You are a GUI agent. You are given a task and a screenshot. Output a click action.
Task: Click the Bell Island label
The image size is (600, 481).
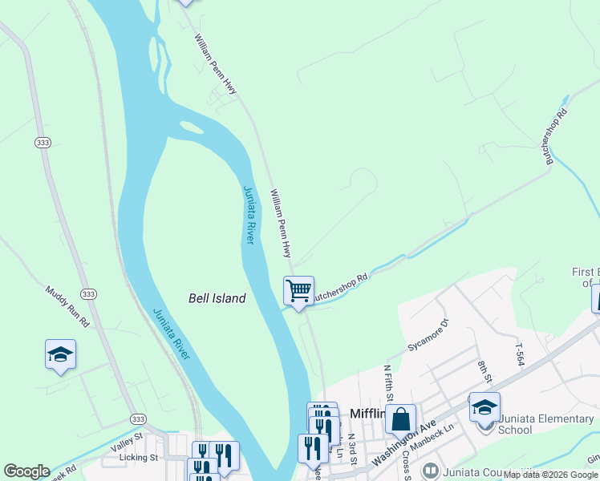pos(217,298)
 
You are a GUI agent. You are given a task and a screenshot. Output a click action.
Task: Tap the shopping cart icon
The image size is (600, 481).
pos(298,289)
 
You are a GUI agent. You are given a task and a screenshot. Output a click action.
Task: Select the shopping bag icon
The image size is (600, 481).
pos(400,418)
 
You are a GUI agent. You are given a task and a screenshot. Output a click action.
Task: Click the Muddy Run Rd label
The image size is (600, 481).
pos(67,307)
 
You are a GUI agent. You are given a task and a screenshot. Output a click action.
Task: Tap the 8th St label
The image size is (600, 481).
pos(482,373)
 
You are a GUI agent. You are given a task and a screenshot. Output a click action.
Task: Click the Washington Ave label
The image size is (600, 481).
pos(404,442)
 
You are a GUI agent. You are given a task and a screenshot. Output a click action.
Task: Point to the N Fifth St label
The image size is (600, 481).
pos(388,383)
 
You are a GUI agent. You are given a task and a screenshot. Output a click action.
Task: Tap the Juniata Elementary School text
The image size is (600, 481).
pos(526,424)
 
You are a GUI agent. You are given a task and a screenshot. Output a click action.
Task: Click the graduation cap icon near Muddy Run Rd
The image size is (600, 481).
pos(60,354)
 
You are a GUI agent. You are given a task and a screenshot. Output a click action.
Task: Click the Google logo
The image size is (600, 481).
pos(26,471)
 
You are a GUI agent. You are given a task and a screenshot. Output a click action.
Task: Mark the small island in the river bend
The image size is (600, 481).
pos(191,127)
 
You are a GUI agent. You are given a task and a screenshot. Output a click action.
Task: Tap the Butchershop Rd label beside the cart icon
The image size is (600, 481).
pos(339,289)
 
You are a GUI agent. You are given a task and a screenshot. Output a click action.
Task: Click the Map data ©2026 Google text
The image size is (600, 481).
pos(550,475)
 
